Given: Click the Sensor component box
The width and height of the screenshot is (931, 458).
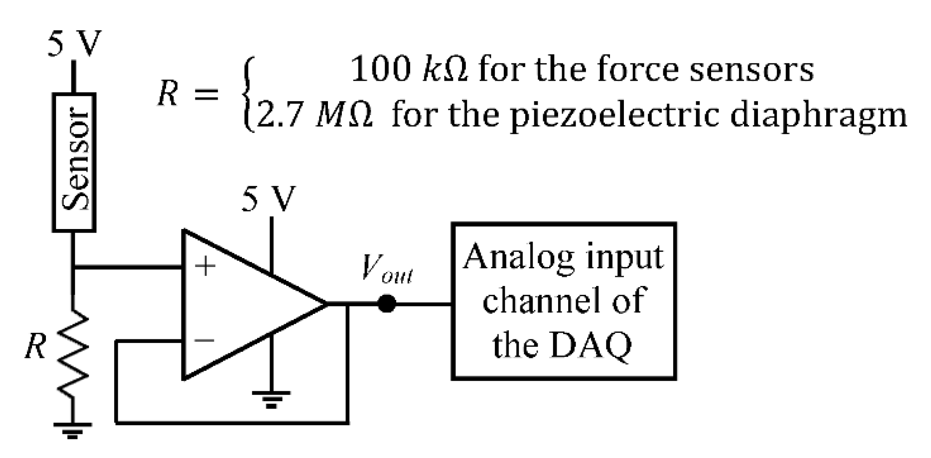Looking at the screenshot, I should (x=74, y=162).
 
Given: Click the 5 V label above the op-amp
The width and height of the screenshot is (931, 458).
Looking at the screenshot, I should (x=268, y=199).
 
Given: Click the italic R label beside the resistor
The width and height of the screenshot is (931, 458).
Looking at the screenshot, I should (x=35, y=346).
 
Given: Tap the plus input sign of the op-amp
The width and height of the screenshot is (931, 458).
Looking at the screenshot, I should (x=205, y=267).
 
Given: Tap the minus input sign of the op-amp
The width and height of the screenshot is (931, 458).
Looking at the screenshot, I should (x=205, y=341).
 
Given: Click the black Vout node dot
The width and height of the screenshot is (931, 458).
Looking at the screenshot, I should (x=386, y=304).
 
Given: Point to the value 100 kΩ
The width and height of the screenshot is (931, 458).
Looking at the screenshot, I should (x=409, y=70).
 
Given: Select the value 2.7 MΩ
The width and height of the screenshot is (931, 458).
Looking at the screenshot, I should (x=314, y=115).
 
